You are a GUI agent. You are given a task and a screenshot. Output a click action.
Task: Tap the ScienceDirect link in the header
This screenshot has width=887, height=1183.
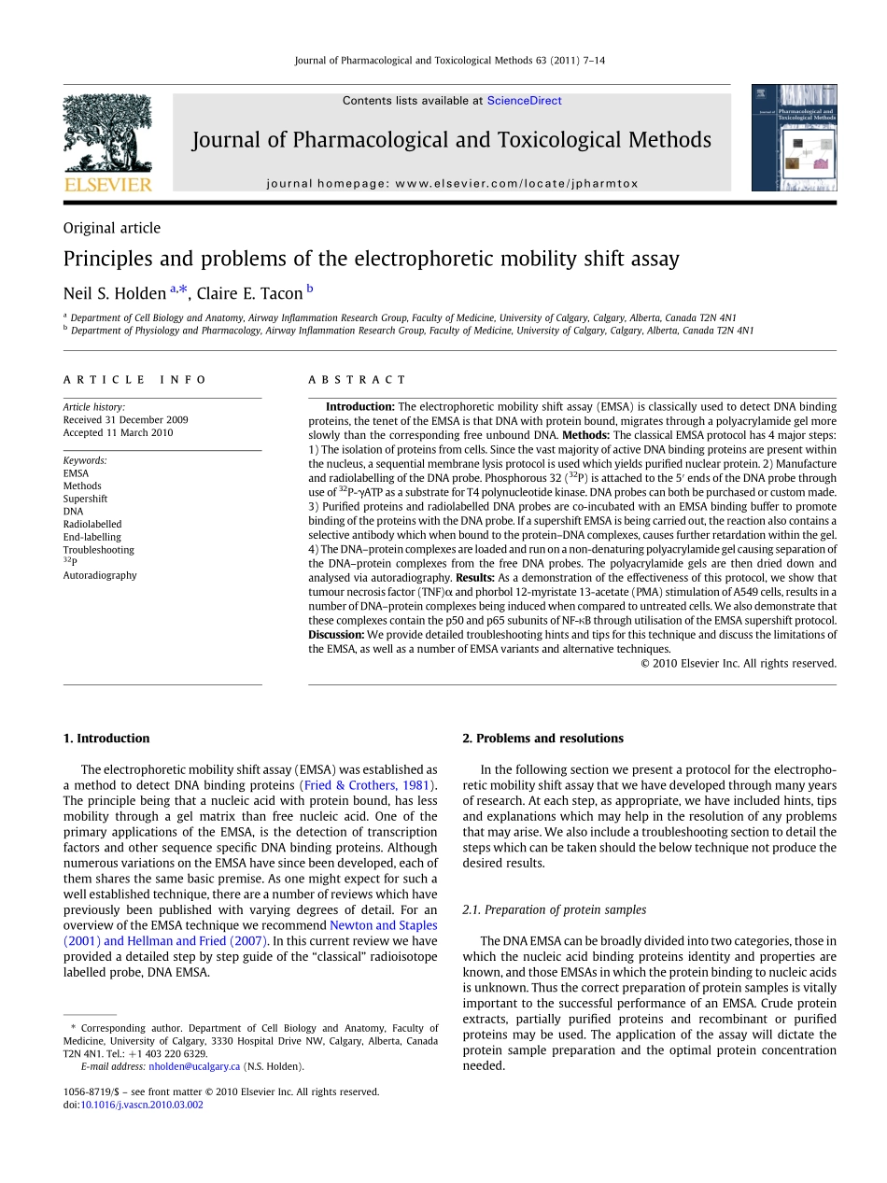[524, 101]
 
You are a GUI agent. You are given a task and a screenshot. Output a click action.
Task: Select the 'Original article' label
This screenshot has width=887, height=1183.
[111, 228]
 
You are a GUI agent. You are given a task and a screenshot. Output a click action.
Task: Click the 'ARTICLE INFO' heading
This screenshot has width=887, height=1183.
[135, 380]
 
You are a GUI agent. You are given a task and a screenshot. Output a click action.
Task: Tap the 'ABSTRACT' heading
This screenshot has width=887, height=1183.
[358, 380]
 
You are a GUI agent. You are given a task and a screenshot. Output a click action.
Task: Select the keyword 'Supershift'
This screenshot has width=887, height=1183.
[85, 499]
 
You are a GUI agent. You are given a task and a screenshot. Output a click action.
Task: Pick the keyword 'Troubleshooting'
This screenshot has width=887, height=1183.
[98, 550]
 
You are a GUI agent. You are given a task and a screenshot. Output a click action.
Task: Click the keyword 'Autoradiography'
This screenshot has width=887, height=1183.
[100, 575]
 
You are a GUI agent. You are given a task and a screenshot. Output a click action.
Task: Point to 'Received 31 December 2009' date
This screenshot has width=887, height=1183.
[125, 420]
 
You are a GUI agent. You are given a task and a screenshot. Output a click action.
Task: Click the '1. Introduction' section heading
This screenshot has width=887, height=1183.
[106, 739]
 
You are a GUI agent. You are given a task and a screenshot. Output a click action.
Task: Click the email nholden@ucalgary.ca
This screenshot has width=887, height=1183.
[194, 1066]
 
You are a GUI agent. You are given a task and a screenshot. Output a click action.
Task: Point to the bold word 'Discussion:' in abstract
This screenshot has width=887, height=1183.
[337, 635]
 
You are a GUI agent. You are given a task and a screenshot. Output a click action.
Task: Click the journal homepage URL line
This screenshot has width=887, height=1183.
[452, 184]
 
